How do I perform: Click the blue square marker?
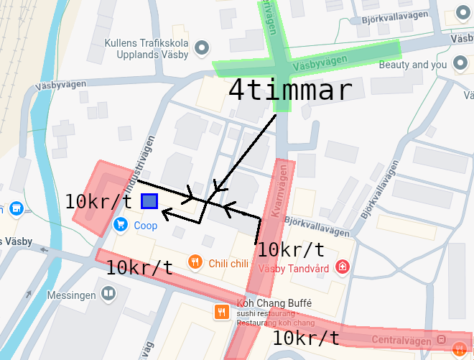[149, 202]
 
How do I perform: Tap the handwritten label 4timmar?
[290, 91]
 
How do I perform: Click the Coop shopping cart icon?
[121, 225]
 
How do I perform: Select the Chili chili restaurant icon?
[194, 262]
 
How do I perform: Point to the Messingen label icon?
[108, 293]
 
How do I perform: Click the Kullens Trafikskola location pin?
[202, 48]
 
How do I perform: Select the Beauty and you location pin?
[460, 65]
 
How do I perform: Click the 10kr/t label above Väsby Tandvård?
[290, 250]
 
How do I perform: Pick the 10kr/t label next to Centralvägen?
[307, 338]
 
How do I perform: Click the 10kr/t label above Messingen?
[139, 268]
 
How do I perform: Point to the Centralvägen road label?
[402, 339]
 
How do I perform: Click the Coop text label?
[146, 226]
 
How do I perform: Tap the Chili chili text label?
[228, 263]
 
